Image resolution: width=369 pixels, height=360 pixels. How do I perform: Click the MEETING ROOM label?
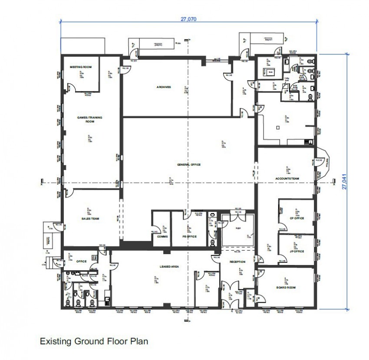(81, 67)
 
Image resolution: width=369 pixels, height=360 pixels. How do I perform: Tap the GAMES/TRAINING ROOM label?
(86, 119)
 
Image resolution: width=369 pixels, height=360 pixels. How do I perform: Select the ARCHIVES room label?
(164, 87)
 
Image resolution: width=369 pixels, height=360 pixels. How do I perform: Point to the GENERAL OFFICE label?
(188, 165)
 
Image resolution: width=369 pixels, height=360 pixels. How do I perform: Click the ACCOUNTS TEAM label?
(287, 179)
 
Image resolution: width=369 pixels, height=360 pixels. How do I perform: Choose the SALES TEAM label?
(90, 219)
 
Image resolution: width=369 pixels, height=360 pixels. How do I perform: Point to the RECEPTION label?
(237, 262)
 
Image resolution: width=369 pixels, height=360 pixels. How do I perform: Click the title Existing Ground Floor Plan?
(94, 341)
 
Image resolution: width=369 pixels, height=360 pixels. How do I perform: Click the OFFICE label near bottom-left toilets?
(81, 261)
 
